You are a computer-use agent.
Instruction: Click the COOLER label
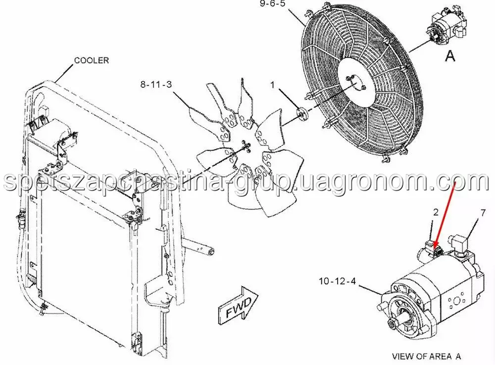(x=92, y=60)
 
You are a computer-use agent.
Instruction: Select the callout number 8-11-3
(x=156, y=84)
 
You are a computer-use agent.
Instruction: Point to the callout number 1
(x=273, y=85)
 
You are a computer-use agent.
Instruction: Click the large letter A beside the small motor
(x=450, y=56)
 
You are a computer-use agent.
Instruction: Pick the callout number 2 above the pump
(x=436, y=212)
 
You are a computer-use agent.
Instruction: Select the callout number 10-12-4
(x=337, y=281)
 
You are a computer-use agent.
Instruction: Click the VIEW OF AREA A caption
(x=426, y=356)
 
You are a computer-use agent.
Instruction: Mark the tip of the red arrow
(x=435, y=247)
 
